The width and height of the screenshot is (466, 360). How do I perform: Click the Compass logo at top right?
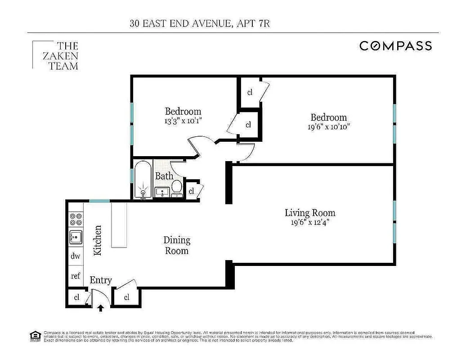[x=395, y=46]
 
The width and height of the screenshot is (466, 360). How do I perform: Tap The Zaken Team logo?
[x=56, y=56]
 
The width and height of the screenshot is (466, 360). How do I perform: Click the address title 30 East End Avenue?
[x=200, y=24]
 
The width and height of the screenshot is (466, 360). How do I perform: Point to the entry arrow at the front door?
[x=101, y=308]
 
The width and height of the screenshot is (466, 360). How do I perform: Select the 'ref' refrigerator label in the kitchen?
[x=76, y=276]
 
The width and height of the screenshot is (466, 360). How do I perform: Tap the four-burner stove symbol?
[x=76, y=219]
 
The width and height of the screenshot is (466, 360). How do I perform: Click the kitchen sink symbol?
[x=76, y=237]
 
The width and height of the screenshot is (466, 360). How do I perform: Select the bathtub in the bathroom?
[x=143, y=180]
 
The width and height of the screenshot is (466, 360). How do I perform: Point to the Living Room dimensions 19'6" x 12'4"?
[x=310, y=222]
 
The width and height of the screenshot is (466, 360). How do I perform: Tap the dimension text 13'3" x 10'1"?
[x=183, y=121]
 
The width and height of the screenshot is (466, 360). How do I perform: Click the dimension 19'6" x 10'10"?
[x=328, y=127]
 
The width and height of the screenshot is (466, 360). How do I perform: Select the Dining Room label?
[x=177, y=245]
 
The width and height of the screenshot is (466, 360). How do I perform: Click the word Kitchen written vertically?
[x=98, y=240]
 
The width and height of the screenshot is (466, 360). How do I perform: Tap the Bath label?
[x=164, y=176]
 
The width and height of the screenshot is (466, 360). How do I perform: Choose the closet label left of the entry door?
[x=76, y=297]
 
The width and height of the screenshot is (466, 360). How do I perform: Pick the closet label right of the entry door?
[x=126, y=297]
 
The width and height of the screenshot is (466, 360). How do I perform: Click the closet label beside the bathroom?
[x=192, y=191]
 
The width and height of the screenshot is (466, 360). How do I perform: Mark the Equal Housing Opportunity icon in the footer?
[x=34, y=335]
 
